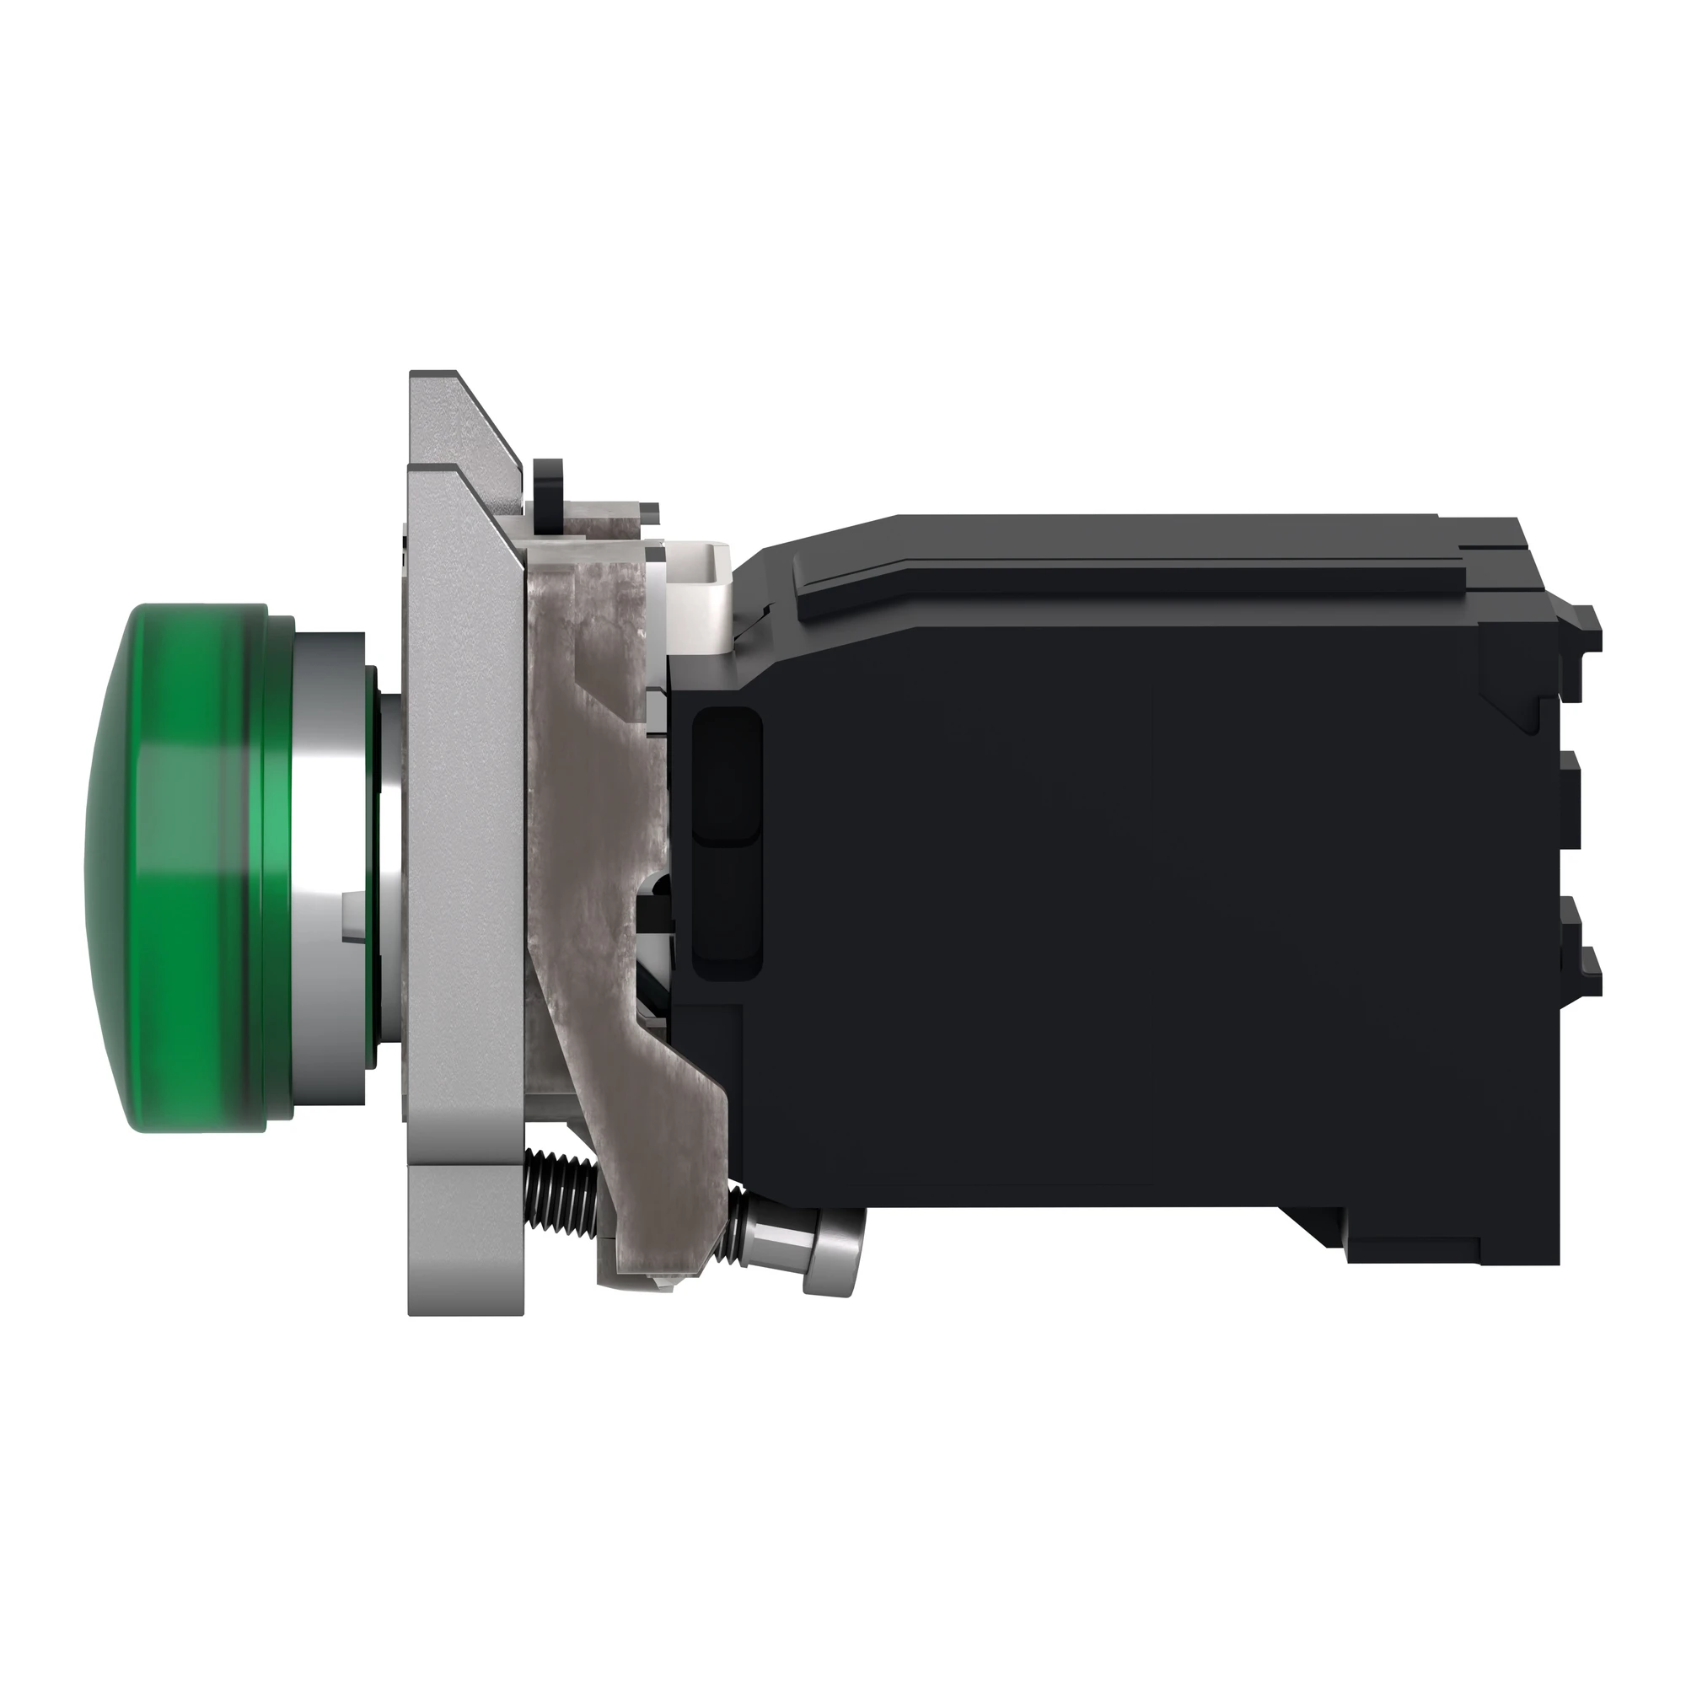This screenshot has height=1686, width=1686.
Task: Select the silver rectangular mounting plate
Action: (x=463, y=873)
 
